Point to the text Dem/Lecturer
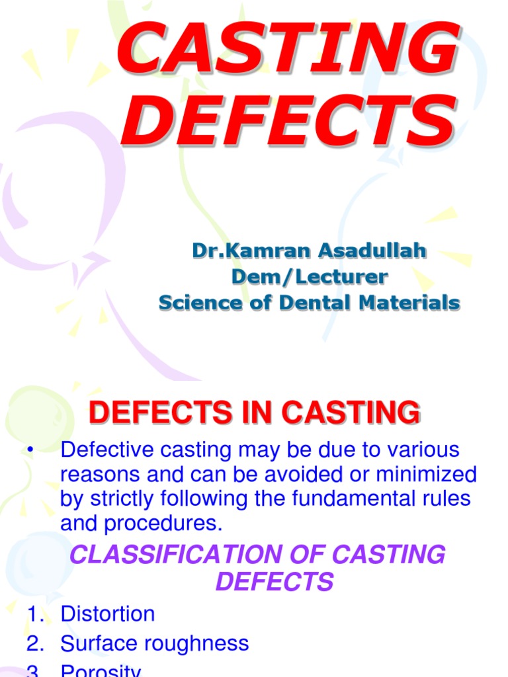[309, 276]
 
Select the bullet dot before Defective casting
[29, 451]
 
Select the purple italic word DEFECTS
[274, 582]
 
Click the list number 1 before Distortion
[33, 614]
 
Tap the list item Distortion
[107, 614]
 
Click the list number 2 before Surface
[33, 643]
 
